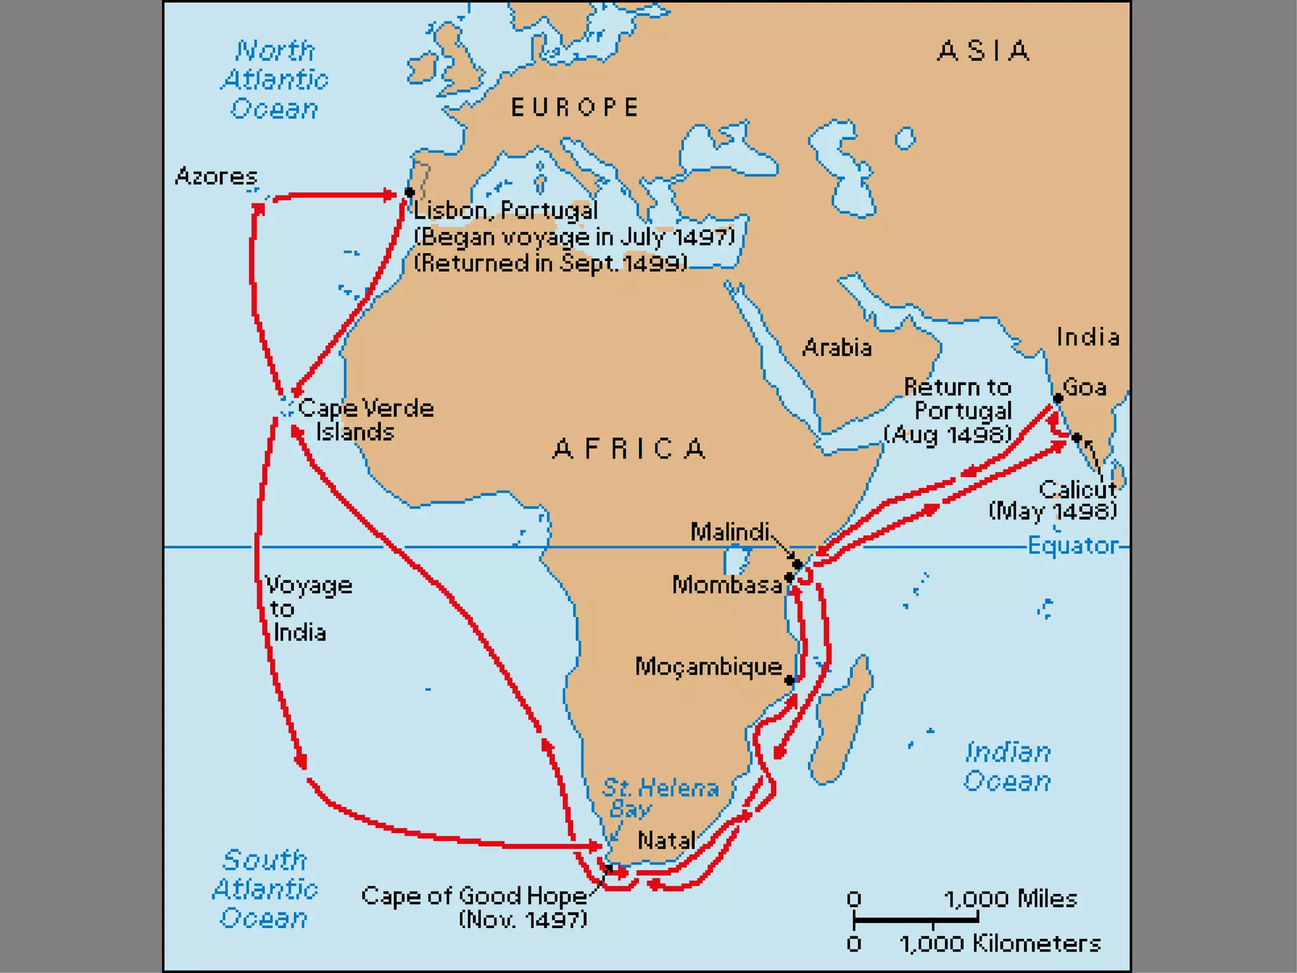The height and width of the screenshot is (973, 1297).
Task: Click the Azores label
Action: click(216, 175)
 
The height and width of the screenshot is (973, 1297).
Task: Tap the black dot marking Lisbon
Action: click(410, 192)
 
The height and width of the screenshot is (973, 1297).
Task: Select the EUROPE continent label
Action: click(575, 108)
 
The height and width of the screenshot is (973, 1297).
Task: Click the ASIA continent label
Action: click(984, 51)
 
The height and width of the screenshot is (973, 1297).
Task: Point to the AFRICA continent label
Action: click(630, 449)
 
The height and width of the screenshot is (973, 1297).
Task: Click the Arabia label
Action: click(837, 348)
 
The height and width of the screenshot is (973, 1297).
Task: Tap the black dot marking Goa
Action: click(1058, 398)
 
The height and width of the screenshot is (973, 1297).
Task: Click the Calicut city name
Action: click(1078, 489)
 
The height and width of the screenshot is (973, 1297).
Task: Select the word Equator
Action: click(1073, 545)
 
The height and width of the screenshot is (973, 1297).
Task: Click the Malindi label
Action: click(730, 531)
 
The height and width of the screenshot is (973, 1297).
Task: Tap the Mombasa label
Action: click(726, 585)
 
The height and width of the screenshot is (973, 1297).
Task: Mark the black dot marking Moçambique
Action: click(789, 680)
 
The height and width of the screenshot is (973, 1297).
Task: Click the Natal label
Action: click(666, 841)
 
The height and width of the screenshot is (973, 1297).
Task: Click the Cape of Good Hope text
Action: click(474, 896)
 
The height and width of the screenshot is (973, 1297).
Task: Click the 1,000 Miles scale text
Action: click(1010, 898)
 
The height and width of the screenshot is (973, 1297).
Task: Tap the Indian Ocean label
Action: click(1007, 766)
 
